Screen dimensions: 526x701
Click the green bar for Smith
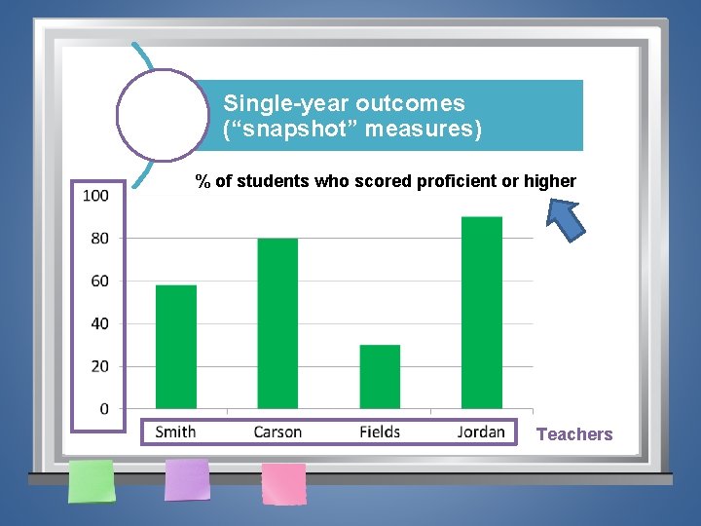(x=176, y=347)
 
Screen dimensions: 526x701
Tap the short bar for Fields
(x=380, y=377)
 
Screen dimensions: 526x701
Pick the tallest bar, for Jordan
(x=481, y=313)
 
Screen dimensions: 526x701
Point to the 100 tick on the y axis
(x=95, y=196)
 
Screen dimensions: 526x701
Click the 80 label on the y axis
(x=99, y=238)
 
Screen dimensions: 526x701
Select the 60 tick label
(x=99, y=281)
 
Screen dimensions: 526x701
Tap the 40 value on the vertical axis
(x=99, y=323)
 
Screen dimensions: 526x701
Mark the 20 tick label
(x=99, y=366)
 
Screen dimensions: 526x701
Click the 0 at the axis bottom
(x=104, y=409)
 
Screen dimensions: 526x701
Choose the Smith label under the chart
(x=175, y=432)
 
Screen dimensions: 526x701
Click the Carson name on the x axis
(x=277, y=432)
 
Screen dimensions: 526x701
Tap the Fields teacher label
(x=380, y=432)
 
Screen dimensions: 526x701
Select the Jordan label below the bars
(x=481, y=432)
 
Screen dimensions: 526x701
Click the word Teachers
(x=574, y=434)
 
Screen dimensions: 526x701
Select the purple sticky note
(x=187, y=479)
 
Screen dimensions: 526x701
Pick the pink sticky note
(x=283, y=483)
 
